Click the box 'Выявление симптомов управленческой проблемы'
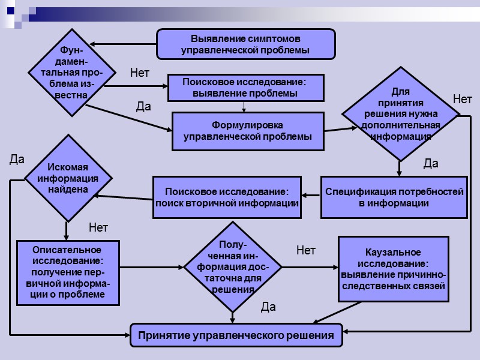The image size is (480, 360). click(245, 44)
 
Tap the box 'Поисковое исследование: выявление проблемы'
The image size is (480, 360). click(245, 88)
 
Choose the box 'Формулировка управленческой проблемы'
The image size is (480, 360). click(247, 131)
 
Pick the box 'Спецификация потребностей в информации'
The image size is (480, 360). click(394, 197)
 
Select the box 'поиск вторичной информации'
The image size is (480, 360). click(227, 197)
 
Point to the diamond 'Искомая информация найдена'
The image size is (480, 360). click(67, 178)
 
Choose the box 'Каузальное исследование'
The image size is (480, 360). click(393, 268)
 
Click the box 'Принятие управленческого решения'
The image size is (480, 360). click(236, 335)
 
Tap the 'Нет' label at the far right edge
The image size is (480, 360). click(462, 99)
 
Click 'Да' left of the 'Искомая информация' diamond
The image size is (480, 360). click(17, 160)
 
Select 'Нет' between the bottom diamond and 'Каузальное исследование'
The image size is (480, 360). click(305, 250)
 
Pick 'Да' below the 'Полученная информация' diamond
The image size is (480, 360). click(268, 307)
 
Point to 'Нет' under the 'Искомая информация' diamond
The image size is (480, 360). click(98, 227)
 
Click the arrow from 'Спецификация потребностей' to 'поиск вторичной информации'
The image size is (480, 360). click(310, 195)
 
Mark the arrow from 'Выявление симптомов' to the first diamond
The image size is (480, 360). click(123, 44)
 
